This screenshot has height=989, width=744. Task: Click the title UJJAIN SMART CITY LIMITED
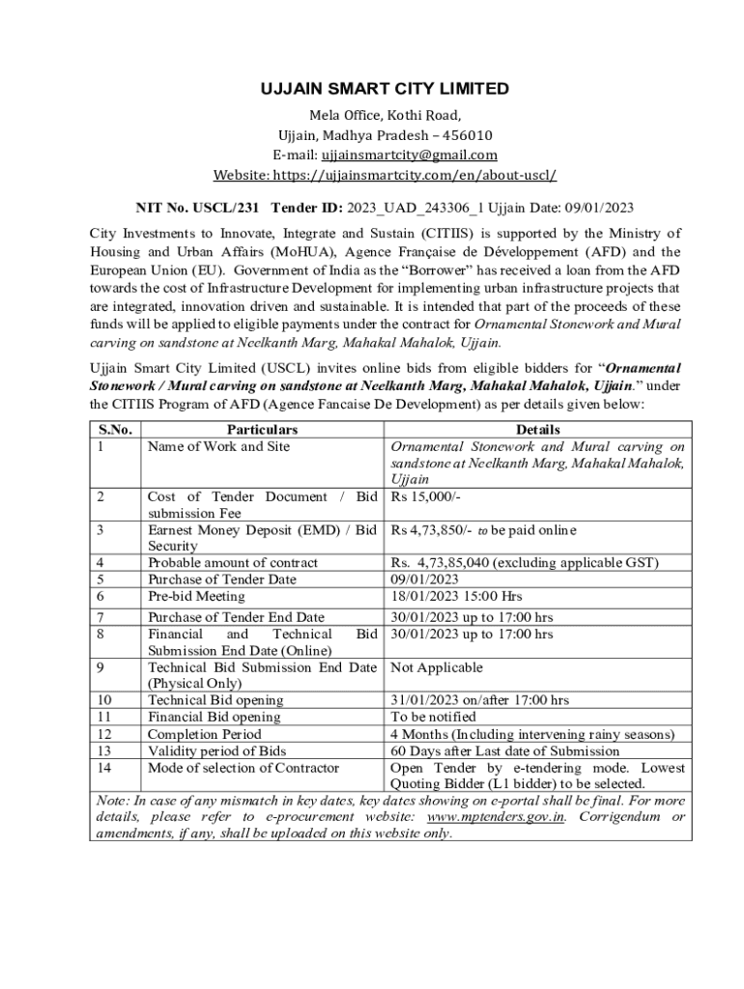(385, 89)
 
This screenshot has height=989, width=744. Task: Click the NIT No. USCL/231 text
(184, 208)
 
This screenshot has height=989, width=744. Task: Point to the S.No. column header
(116, 430)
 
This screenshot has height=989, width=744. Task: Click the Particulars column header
(262, 430)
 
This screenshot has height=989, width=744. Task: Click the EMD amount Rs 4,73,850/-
(431, 530)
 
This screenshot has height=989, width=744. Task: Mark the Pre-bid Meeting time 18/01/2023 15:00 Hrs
(457, 597)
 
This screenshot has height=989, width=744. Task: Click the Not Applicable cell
(437, 667)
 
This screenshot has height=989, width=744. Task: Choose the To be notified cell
(433, 717)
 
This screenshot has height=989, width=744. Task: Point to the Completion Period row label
(204, 734)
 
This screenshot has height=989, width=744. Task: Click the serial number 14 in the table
(105, 768)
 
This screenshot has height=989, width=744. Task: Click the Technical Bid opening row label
(215, 700)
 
